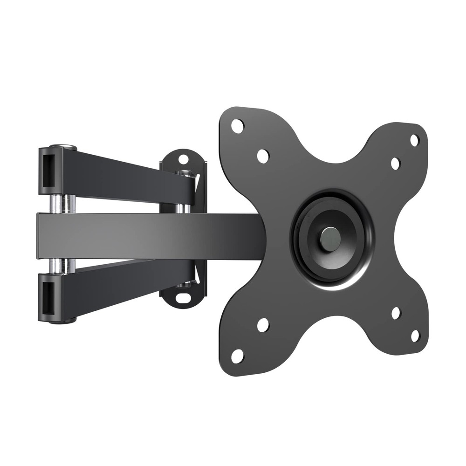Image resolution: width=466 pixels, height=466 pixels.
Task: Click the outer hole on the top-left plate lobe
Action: click(237, 125)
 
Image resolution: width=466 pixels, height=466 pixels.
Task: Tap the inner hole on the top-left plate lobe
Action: click(263, 156)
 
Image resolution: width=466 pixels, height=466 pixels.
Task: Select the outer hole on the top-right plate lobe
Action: click(414, 140)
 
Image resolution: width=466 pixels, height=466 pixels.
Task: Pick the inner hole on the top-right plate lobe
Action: click(395, 164)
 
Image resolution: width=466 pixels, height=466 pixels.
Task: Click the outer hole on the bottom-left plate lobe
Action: click(237, 356)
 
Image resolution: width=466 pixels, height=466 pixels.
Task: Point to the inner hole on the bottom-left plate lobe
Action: click(263, 325)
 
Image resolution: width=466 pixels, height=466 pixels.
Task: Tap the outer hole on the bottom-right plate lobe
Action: click(415, 336)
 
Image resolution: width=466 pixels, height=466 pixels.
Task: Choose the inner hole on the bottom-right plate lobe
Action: click(396, 313)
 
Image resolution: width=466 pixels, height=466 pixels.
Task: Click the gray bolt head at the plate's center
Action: click(330, 238)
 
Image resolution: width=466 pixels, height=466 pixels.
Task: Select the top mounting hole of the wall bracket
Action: click(184, 159)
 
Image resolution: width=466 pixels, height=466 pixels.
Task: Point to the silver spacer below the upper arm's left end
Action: click(64, 204)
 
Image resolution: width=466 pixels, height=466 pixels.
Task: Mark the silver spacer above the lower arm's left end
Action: click(64, 265)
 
